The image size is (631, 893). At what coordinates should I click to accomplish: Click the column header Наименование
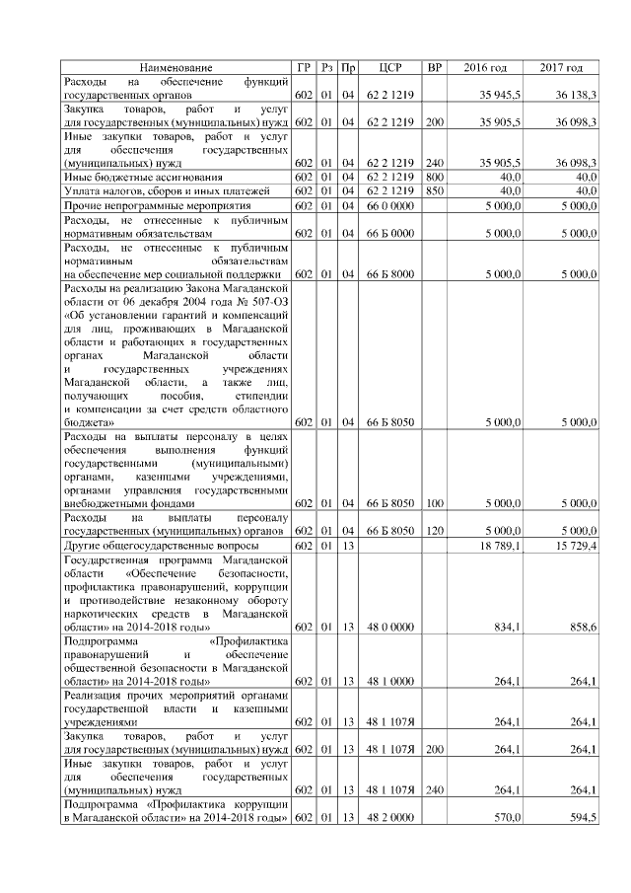(x=175, y=67)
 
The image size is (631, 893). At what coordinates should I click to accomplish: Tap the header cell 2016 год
(x=485, y=67)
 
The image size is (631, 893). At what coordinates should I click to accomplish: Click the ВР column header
(x=434, y=67)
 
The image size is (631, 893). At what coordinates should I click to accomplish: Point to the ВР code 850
(x=434, y=190)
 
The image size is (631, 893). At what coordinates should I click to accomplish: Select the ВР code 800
(x=434, y=177)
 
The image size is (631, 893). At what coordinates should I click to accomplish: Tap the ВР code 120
(x=434, y=531)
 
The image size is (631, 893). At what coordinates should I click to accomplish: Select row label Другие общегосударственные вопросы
(x=161, y=546)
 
